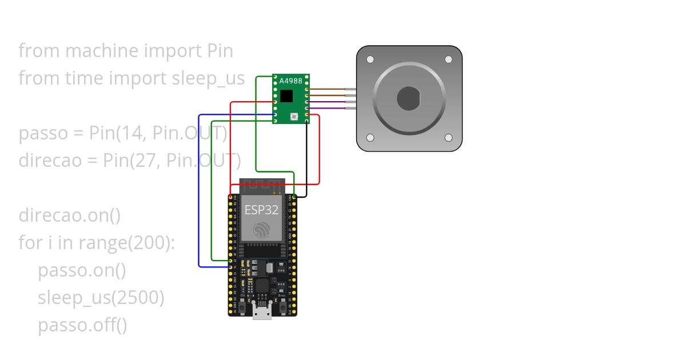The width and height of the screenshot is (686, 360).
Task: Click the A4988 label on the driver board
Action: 290,81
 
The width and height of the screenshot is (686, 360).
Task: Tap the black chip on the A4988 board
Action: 286,95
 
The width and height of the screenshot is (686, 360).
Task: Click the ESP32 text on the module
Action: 261,210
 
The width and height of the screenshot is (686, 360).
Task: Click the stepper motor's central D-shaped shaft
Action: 409,98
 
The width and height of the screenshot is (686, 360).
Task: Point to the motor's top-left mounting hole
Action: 370,59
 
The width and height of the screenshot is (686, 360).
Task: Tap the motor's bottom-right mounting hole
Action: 448,138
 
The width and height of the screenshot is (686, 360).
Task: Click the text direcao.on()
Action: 70,215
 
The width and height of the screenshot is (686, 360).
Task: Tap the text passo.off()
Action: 82,325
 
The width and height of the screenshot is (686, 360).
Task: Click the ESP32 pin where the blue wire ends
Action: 231,267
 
